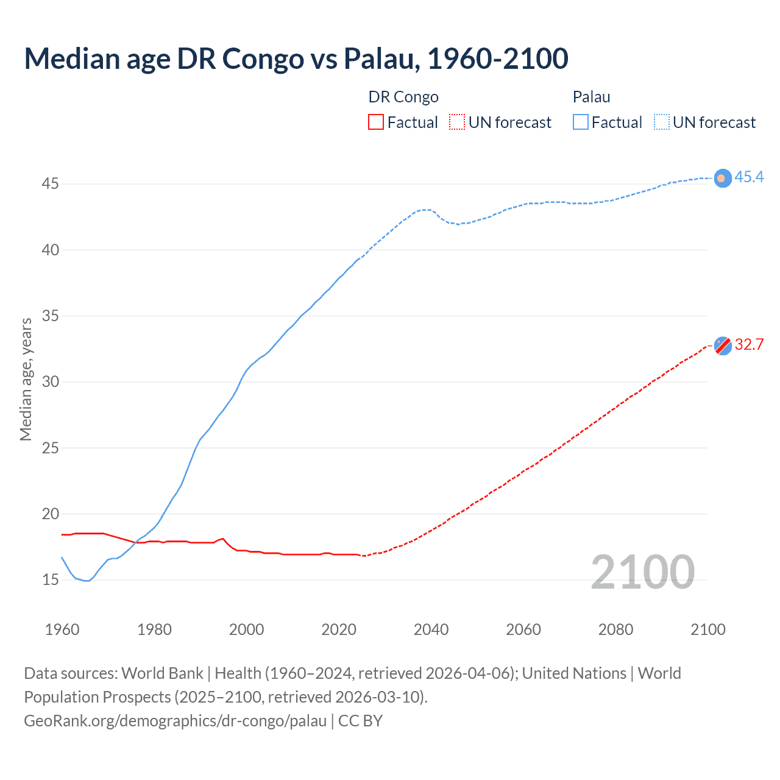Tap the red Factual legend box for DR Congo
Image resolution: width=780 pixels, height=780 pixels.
[376, 122]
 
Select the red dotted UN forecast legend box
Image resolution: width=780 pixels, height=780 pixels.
[457, 122]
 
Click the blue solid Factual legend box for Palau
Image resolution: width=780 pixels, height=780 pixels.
[580, 122]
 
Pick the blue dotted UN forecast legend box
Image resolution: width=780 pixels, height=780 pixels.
[661, 122]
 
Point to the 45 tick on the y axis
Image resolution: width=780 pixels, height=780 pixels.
[51, 184]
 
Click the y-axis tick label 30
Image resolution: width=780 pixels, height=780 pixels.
[51, 382]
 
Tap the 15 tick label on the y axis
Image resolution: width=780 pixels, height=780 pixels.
[51, 580]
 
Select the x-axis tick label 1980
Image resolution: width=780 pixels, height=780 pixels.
[154, 629]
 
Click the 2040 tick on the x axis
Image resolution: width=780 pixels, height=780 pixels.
[431, 629]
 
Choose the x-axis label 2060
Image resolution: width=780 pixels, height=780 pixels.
[523, 629]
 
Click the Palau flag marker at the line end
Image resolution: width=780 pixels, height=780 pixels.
[722, 178]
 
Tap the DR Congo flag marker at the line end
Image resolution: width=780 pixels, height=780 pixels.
[723, 346]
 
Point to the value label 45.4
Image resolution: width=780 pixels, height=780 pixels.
[749, 177]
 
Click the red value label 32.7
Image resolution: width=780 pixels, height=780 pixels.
[749, 345]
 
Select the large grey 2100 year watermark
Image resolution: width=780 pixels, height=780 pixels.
[642, 573]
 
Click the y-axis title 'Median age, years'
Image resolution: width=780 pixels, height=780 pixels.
[26, 379]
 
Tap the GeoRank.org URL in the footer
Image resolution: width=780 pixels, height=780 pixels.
[175, 721]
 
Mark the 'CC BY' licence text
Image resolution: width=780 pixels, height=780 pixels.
[360, 721]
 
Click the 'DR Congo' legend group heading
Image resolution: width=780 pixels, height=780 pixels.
[403, 97]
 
